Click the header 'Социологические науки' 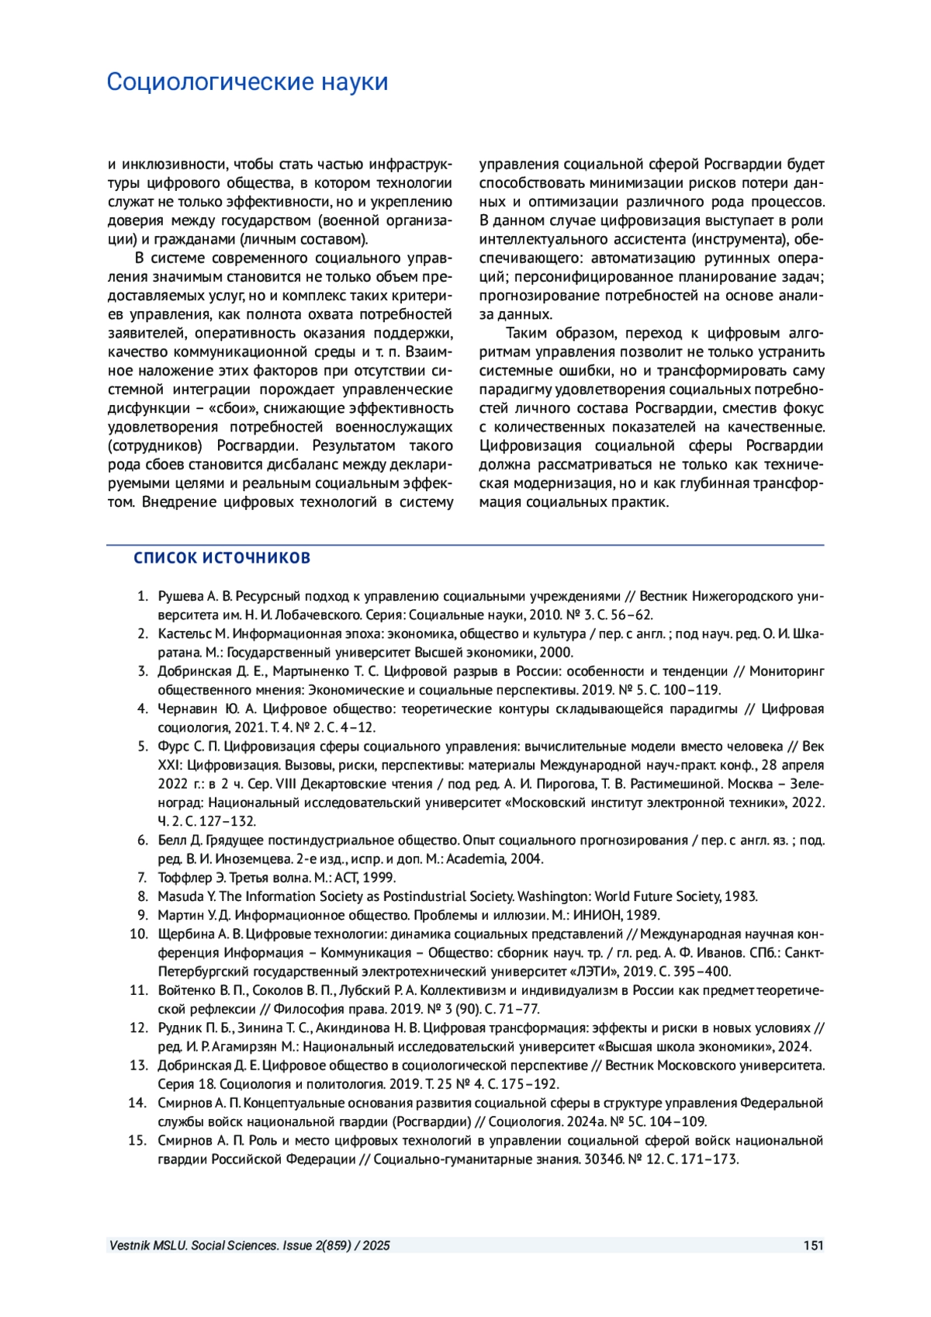(247, 82)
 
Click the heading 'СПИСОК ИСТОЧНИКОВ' (222, 558)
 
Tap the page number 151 (813, 1246)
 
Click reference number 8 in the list (142, 896)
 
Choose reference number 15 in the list (138, 1140)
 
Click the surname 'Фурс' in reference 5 (174, 747)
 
